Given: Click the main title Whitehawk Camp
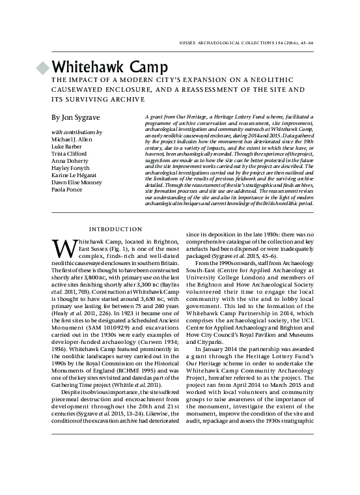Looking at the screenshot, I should (x=111, y=67).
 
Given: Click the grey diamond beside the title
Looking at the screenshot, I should (x=43, y=67).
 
